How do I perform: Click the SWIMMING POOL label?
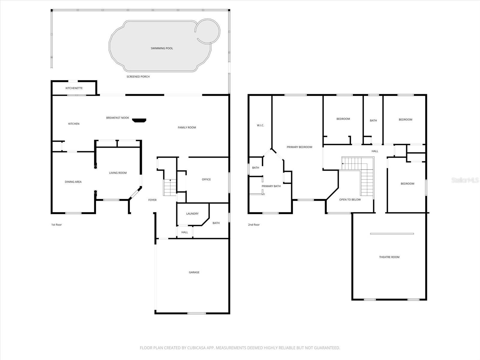(162, 48)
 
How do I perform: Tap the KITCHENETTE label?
(74, 88)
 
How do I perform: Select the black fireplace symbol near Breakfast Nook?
(139, 120)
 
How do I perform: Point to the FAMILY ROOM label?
(187, 127)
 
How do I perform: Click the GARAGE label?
(194, 272)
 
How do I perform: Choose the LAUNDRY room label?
(192, 214)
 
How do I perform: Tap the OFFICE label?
(206, 179)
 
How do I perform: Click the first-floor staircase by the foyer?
(170, 188)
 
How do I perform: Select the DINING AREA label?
(73, 182)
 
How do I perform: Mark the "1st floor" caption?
(56, 225)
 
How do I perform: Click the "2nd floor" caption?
(254, 225)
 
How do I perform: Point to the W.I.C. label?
(260, 125)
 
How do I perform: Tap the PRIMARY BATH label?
(271, 186)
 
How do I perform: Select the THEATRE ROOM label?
(389, 257)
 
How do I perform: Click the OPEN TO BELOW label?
(350, 199)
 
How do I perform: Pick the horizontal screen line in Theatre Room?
(392, 234)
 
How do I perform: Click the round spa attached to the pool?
(208, 31)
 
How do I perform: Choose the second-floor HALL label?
(375, 151)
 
